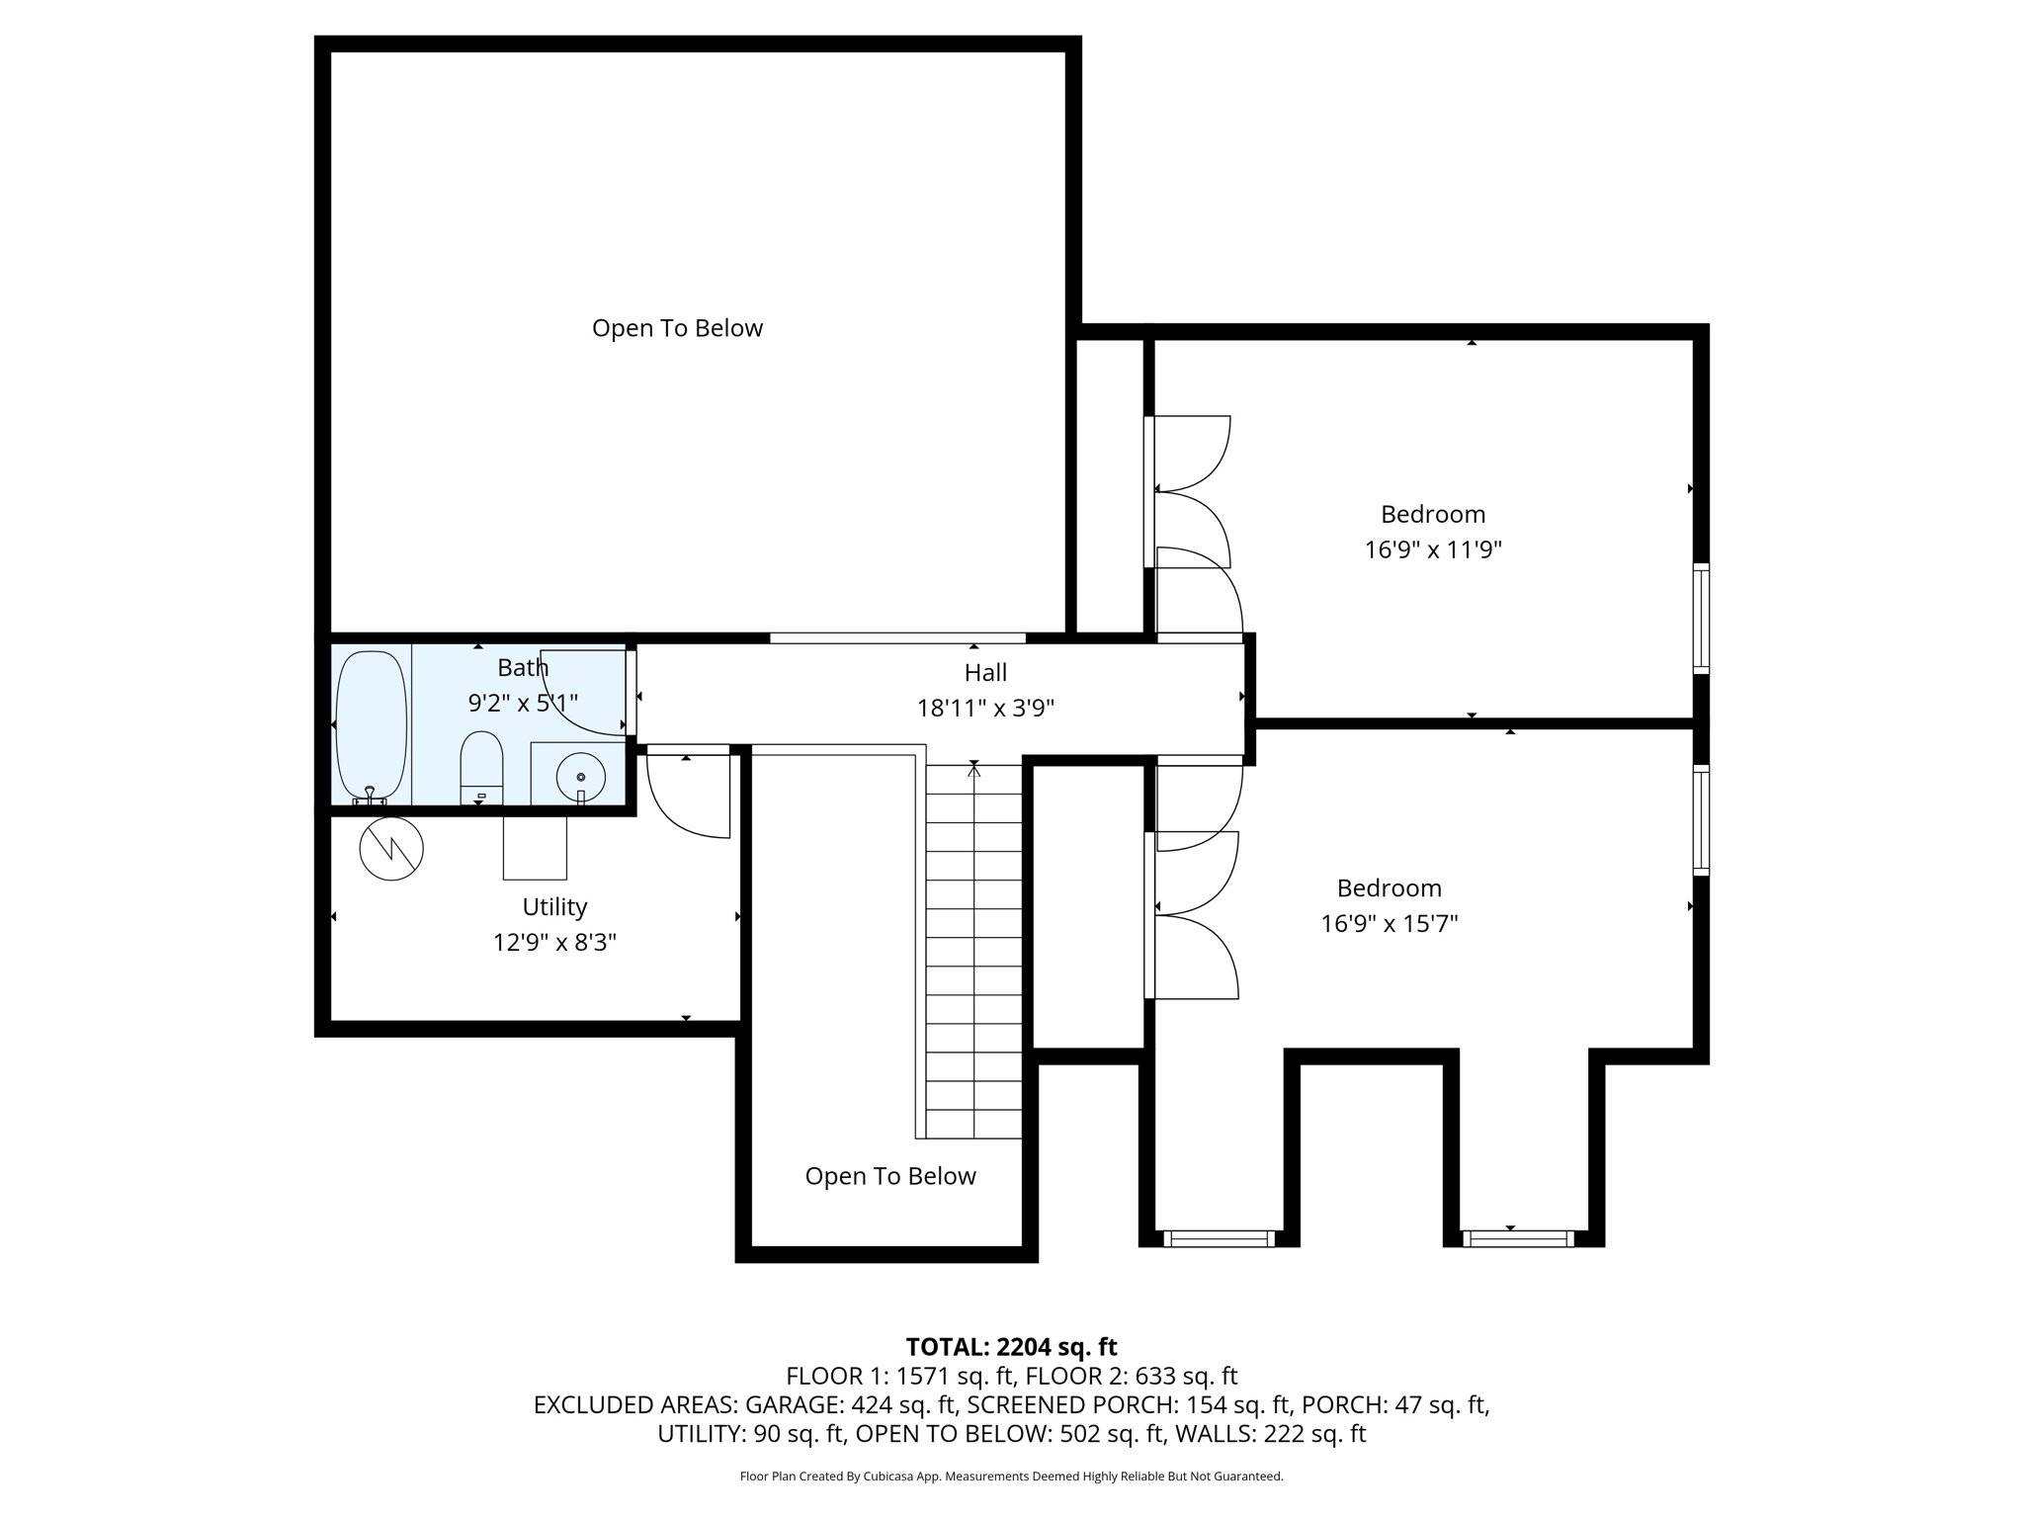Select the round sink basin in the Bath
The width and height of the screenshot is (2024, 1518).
(x=580, y=776)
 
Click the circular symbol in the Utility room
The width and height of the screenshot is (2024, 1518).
(x=391, y=848)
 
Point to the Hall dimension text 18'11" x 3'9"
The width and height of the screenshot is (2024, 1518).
(x=985, y=709)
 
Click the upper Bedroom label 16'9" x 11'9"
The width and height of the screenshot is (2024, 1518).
(x=1433, y=549)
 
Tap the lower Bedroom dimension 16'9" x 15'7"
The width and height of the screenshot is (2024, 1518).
(x=1390, y=923)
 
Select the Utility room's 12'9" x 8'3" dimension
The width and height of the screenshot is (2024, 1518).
(x=554, y=942)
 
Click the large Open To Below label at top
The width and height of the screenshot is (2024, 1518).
(x=677, y=328)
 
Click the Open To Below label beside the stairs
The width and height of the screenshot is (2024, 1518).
(x=889, y=1176)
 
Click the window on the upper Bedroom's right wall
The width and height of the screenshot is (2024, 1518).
(x=1701, y=618)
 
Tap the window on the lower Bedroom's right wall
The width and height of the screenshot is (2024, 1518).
(x=1701, y=819)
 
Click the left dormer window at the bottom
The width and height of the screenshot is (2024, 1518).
(x=1219, y=1238)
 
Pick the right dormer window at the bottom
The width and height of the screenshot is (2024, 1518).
(x=1518, y=1238)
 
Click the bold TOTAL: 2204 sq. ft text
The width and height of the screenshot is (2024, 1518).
(x=1011, y=1347)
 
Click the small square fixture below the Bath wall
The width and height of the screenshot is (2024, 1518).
(x=535, y=847)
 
